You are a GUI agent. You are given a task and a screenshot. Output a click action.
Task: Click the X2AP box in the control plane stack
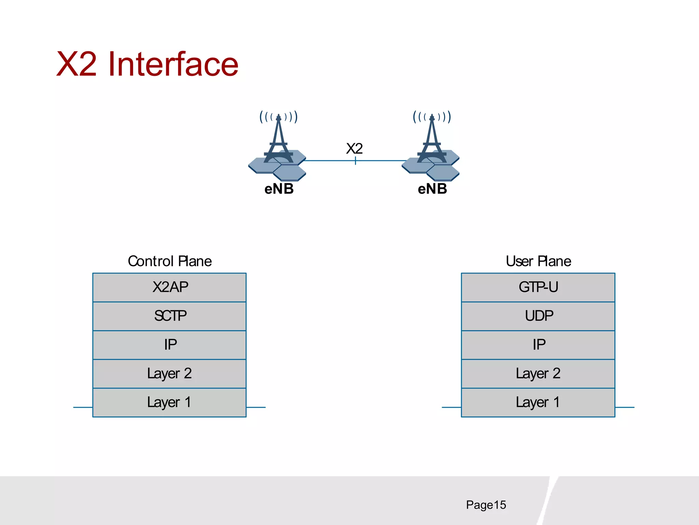point(170,287)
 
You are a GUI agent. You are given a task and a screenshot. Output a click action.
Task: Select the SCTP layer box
point(170,316)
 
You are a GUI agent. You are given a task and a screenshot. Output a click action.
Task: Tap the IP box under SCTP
point(170,345)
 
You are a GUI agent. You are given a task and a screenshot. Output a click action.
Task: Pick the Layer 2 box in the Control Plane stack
point(170,373)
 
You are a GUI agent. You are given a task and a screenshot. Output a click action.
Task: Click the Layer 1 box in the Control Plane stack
point(170,402)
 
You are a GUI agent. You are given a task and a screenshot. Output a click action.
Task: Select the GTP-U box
point(538,287)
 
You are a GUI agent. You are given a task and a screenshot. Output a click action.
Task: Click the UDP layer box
point(538,316)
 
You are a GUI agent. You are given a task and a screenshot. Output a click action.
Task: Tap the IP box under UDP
point(538,345)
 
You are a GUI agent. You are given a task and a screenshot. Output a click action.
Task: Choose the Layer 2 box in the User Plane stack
point(538,373)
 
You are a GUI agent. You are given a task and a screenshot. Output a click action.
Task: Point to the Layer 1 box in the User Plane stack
point(538,402)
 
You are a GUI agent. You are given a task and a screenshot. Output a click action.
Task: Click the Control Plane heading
point(170,261)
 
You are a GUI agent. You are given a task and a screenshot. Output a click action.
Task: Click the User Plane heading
point(538,261)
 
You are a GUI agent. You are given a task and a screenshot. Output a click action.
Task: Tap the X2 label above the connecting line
point(354,149)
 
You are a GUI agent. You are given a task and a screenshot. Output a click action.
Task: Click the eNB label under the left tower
point(279,189)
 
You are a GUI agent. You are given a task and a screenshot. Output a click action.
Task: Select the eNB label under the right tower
point(432,189)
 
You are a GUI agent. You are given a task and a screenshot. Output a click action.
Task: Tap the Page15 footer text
point(486,505)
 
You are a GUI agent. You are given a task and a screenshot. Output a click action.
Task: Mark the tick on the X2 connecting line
point(355,160)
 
